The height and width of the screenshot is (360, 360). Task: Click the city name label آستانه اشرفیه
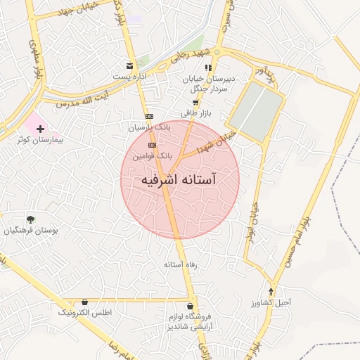click(x=179, y=180)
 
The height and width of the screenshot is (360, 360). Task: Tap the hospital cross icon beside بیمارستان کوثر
click(x=40, y=129)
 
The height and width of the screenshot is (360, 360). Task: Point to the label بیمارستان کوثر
click(x=40, y=140)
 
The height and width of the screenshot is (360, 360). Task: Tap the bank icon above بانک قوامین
click(x=152, y=145)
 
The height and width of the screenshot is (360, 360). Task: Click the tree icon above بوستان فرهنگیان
click(x=30, y=219)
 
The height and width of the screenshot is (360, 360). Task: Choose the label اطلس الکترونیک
click(x=84, y=311)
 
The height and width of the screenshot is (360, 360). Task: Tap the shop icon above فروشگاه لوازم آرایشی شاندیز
click(x=191, y=306)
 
